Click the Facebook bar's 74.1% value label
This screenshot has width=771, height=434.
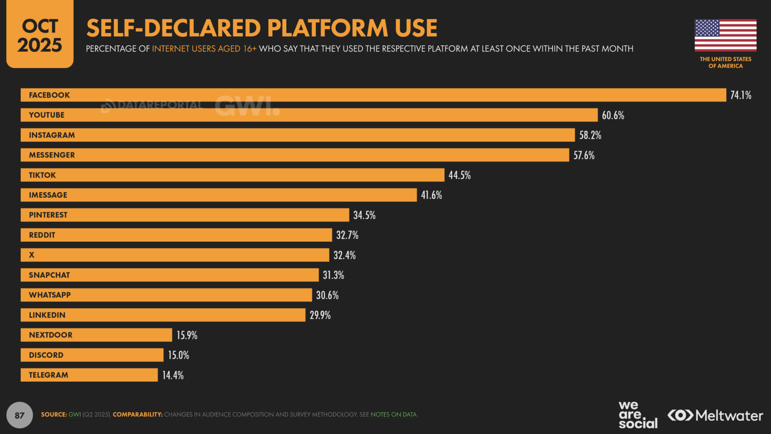pos(740,95)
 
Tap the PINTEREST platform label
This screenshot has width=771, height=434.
pos(48,215)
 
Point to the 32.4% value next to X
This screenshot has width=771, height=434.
pos(345,255)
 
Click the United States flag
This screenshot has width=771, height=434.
pos(725,35)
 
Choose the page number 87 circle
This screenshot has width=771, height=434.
pos(20,415)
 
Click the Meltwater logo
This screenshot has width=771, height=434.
pos(715,415)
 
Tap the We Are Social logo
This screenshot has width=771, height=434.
pos(637,415)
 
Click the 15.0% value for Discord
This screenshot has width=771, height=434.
pos(178,355)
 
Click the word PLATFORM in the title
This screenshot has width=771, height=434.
pos(328,28)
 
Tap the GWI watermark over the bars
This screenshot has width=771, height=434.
pos(247,106)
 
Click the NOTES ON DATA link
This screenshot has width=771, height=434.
pos(393,415)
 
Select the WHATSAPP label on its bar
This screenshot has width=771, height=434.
pos(50,295)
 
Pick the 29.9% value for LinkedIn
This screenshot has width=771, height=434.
pos(320,315)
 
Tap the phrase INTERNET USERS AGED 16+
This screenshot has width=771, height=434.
pos(204,49)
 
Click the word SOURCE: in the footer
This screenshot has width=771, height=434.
pos(53,415)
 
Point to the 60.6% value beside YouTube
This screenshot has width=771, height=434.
pos(612,115)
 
